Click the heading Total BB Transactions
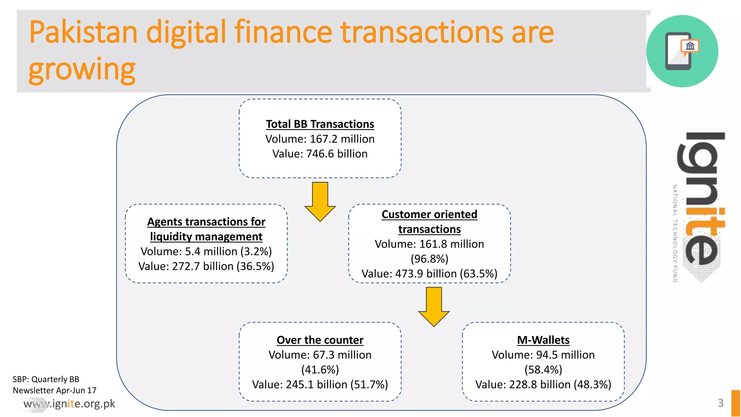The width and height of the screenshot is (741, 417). (320, 124)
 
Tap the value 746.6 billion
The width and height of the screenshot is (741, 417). (336, 154)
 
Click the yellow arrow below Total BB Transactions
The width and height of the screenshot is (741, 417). (320, 201)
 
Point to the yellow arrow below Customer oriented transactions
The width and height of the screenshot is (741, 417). (433, 306)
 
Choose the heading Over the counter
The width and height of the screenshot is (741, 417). (320, 340)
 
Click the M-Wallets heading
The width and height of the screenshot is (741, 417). (543, 340)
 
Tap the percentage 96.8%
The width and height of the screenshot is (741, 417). (429, 259)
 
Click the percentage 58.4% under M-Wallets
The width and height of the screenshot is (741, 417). (543, 370)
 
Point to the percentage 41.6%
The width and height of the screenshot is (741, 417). (320, 370)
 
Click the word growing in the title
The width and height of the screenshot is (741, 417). (82, 69)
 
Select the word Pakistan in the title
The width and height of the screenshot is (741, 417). (83, 33)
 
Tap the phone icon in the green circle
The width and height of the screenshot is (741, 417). (679, 51)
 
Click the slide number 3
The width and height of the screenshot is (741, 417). (720, 403)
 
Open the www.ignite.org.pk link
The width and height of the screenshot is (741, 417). (69, 404)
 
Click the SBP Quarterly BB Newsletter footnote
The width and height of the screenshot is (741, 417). (54, 385)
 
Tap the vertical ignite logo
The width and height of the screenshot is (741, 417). (700, 206)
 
